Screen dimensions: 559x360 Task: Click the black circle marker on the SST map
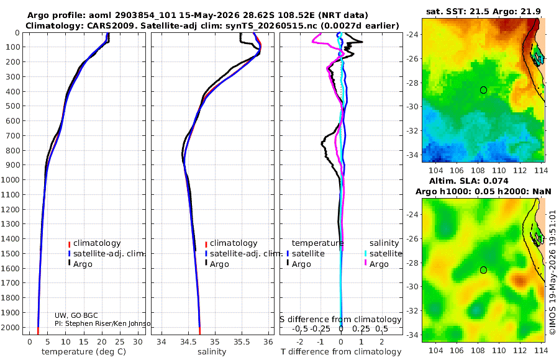coord(483,90)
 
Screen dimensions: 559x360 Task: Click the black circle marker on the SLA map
coord(483,270)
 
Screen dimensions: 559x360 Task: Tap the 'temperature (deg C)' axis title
coord(84,352)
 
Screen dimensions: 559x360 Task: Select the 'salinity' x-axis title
coord(212,352)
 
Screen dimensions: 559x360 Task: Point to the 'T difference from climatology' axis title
coord(341,352)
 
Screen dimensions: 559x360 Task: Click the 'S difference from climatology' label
coord(340,320)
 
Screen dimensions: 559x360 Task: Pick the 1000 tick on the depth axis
coord(11,179)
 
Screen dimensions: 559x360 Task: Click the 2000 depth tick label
coord(11,327)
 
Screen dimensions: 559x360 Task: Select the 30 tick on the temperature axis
coord(138,342)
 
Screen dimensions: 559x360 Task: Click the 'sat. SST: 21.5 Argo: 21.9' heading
coord(483,11)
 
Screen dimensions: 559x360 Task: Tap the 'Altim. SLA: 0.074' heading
coord(469,181)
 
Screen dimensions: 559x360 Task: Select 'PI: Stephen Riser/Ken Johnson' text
coord(102,323)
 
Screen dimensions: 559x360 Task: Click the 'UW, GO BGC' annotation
coord(76,315)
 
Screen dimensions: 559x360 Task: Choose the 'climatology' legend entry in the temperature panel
coord(97,243)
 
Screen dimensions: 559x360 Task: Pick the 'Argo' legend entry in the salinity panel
coord(219,264)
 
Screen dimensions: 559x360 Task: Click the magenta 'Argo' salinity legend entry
coord(379,264)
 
